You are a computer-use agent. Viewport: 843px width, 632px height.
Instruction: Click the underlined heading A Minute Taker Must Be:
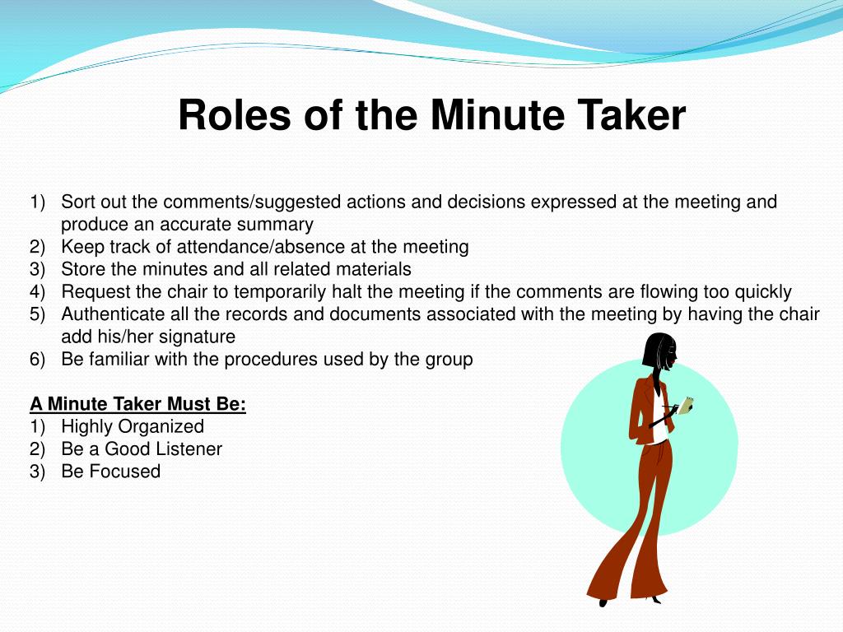[138, 404]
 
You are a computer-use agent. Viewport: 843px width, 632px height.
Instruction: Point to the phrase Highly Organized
[133, 426]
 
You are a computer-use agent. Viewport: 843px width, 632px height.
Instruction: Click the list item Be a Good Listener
[142, 448]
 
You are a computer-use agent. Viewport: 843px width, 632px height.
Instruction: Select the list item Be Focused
[110, 471]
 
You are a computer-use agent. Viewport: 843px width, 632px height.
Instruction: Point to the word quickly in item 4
[758, 292]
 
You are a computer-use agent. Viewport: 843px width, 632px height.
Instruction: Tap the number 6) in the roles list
[39, 360]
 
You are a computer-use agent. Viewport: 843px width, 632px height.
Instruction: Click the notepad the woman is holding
[685, 404]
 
